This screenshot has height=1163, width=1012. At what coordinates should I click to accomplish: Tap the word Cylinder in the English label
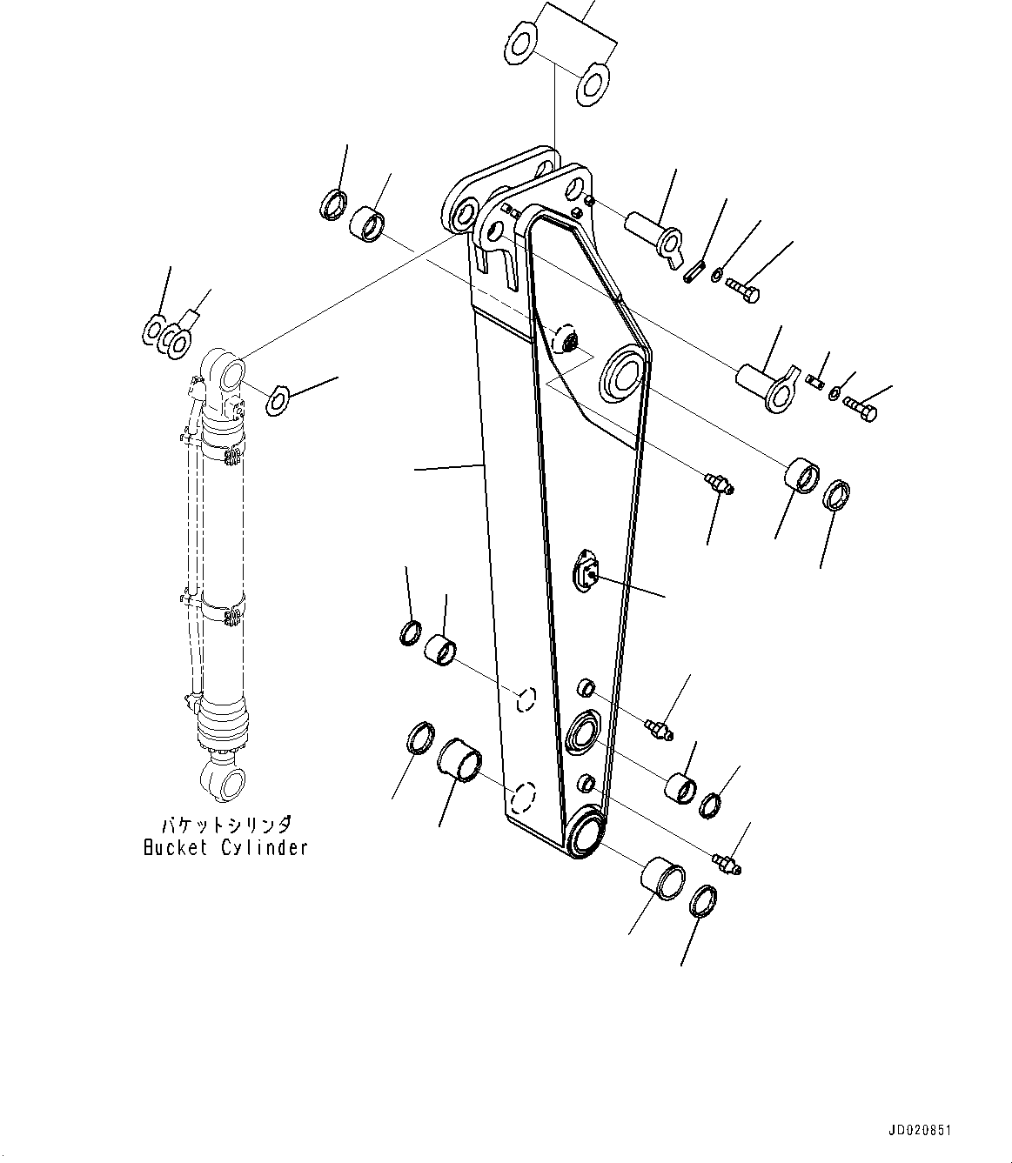tap(264, 847)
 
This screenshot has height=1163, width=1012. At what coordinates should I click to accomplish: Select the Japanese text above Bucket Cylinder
tap(225, 825)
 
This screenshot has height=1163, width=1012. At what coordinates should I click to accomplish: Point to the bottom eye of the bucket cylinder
tap(229, 783)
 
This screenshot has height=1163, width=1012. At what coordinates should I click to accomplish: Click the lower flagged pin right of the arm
tap(764, 386)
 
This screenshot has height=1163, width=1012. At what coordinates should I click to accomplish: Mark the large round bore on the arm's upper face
tap(624, 374)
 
